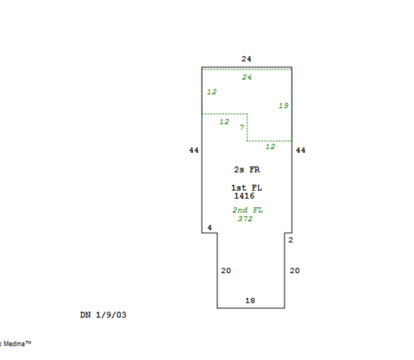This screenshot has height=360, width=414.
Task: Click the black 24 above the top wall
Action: [246, 59]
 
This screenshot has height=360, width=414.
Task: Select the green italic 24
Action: [247, 77]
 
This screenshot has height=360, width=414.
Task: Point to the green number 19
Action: [284, 106]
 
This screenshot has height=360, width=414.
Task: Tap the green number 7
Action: [241, 128]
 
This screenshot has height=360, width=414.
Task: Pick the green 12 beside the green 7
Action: [224, 121]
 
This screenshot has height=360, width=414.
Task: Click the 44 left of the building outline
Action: [193, 150]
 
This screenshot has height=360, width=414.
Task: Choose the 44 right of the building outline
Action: [300, 150]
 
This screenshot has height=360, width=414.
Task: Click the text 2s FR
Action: [247, 170]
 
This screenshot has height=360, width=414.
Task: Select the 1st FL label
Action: [246, 188]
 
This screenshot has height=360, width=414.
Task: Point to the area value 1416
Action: [244, 196]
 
